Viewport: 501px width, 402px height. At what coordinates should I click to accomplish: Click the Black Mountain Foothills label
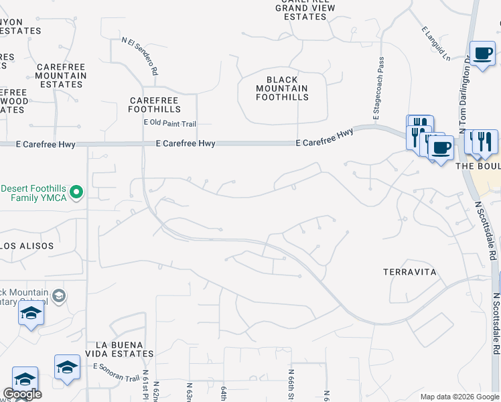[x=283, y=88]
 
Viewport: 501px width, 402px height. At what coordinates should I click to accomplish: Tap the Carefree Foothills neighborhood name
[x=155, y=105]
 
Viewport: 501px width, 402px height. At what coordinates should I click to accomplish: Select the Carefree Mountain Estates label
[x=61, y=76]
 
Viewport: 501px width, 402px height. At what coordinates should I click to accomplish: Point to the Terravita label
[x=410, y=272]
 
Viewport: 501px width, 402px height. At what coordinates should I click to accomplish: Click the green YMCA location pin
[x=76, y=193]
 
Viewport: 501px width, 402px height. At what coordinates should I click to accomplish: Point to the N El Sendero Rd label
[x=140, y=55]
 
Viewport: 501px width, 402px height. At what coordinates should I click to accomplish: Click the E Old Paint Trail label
[x=169, y=123]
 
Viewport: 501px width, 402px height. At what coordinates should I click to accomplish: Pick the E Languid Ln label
[x=436, y=44]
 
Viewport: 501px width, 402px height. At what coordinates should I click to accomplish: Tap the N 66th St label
[x=291, y=384]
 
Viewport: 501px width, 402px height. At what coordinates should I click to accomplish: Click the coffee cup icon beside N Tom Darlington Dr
[x=482, y=54]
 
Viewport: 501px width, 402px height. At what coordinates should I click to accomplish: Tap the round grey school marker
[x=58, y=295]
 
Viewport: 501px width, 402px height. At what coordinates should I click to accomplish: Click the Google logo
[x=22, y=395]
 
